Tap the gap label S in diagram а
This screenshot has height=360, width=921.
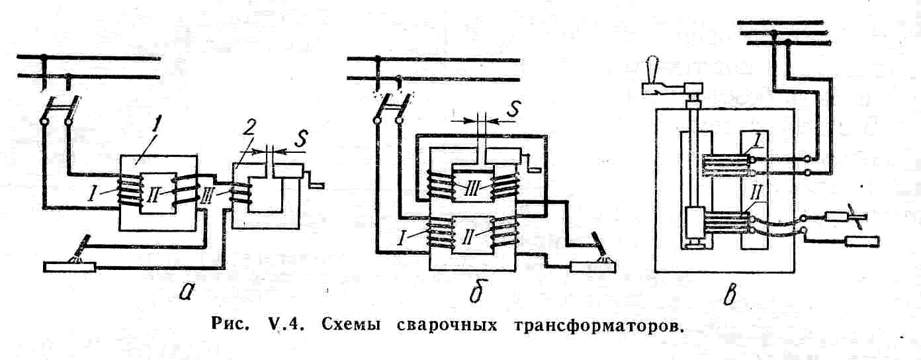pyautogui.click(x=302, y=139)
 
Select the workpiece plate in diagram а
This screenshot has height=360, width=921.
pyautogui.click(x=69, y=267)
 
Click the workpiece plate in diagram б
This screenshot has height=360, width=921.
pyautogui.click(x=593, y=267)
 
